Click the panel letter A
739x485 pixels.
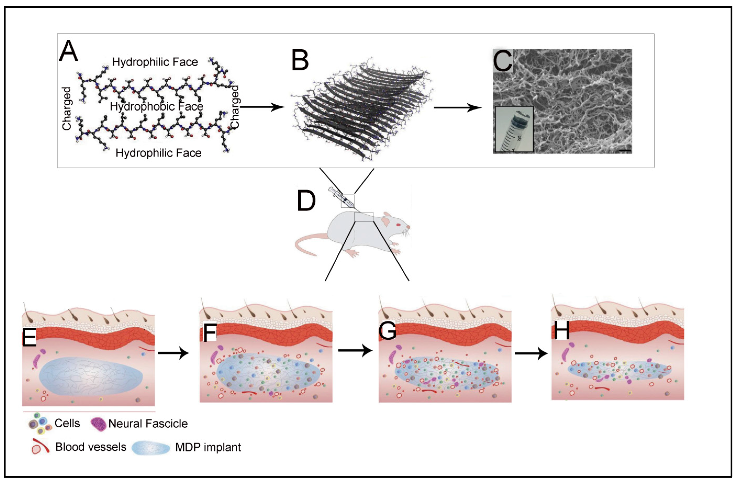click(69, 51)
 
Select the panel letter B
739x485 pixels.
click(300, 60)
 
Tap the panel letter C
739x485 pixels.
click(502, 61)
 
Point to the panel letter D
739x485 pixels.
click(306, 201)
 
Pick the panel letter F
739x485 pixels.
click(210, 332)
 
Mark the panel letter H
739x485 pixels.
click(562, 331)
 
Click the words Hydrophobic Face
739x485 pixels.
click(156, 107)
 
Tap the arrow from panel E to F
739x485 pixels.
click(173, 353)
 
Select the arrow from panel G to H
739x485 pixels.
click(531, 354)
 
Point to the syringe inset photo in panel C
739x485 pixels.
click(514, 129)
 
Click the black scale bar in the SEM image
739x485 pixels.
click(625, 150)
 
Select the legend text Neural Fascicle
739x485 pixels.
click(148, 424)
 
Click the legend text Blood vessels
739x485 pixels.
click(91, 447)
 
